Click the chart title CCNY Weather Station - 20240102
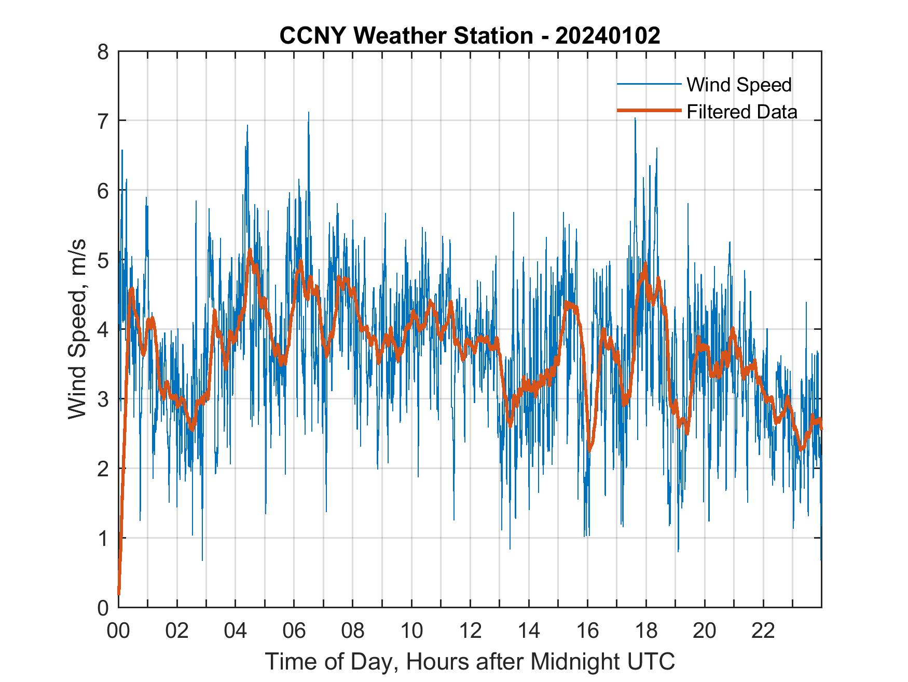tap(470, 36)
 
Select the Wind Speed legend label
tap(739, 85)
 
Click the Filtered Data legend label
tap(741, 112)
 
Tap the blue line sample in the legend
tap(649, 84)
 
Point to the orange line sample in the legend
tap(649, 111)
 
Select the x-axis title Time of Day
tap(470, 661)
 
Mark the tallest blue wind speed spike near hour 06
tap(309, 113)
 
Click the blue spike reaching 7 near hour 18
tap(635, 119)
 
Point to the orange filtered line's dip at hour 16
tap(589, 449)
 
